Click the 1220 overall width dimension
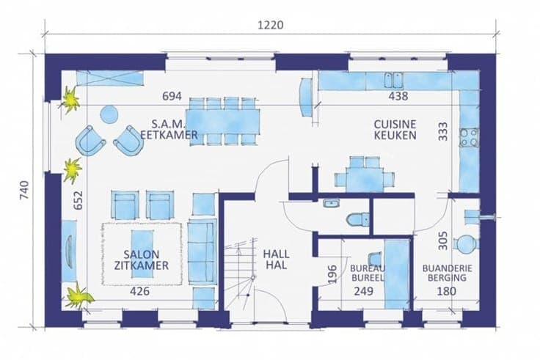(x=271, y=25)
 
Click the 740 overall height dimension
(x=24, y=191)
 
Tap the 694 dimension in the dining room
(x=172, y=96)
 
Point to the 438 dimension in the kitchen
(x=398, y=96)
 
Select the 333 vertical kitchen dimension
(x=443, y=131)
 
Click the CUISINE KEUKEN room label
(x=395, y=130)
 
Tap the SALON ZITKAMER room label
(x=141, y=260)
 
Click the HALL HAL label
(x=276, y=260)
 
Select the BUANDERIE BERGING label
(x=447, y=273)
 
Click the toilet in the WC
(x=358, y=219)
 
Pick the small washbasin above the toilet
(x=332, y=203)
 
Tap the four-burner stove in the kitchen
(x=470, y=138)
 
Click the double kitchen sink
(x=394, y=80)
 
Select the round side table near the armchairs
(x=109, y=114)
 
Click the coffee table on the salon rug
(x=142, y=254)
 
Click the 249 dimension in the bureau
(x=364, y=291)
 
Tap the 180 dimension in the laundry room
(x=447, y=291)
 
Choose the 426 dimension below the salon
(x=140, y=291)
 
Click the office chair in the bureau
(x=375, y=260)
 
